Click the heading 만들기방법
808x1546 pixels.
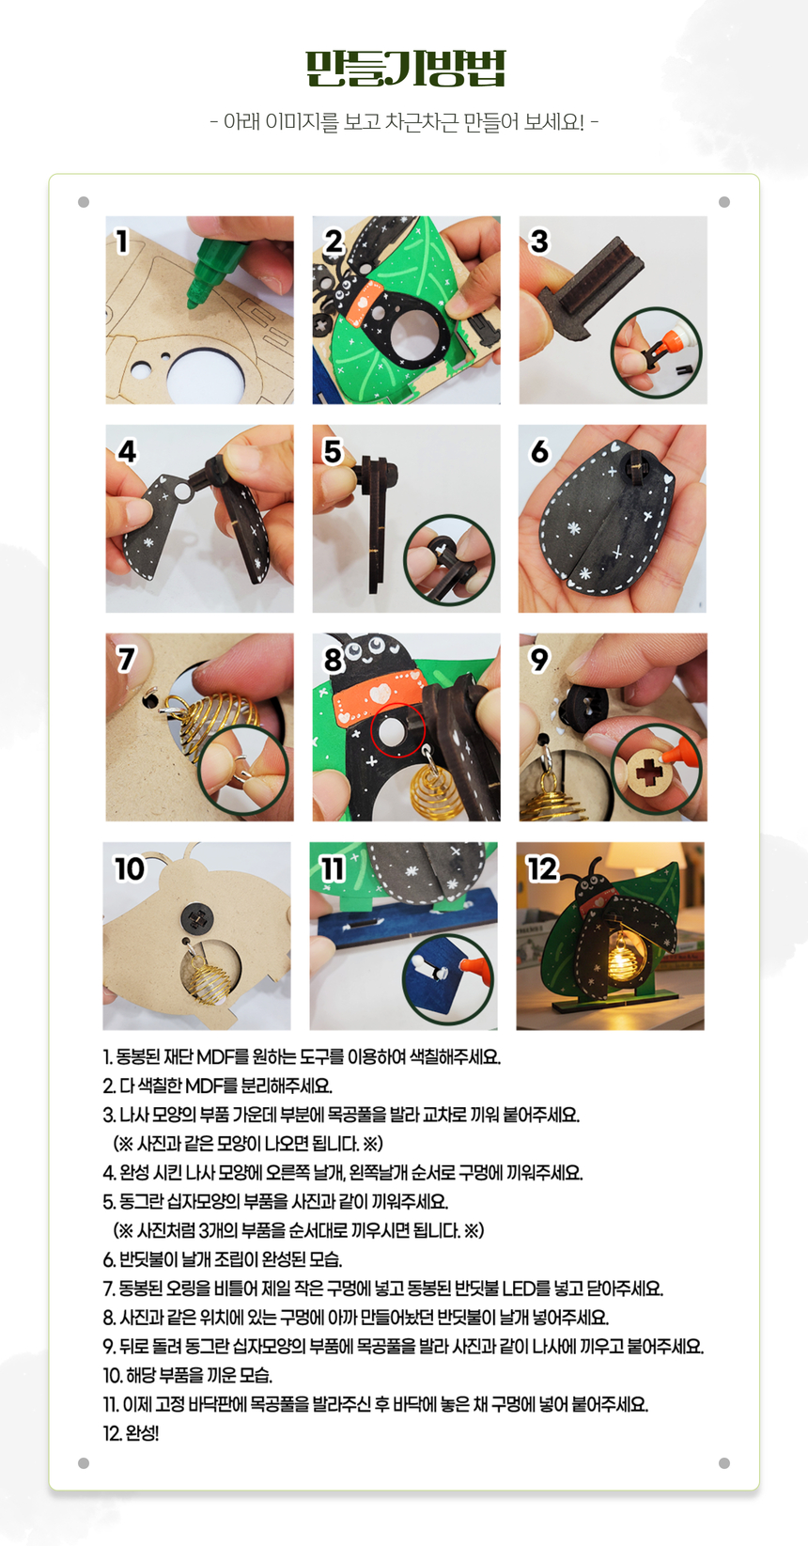click(406, 68)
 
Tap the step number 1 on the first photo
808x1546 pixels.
click(122, 242)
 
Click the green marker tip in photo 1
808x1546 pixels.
click(194, 300)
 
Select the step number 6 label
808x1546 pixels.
click(539, 452)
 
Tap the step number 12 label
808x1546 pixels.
click(542, 869)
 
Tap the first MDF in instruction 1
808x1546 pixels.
click(217, 1056)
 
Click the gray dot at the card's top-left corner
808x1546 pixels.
click(84, 202)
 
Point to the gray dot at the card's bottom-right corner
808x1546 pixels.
click(723, 1463)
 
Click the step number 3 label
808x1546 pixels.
click(539, 242)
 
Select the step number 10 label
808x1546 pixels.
click(130, 869)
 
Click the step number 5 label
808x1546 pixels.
click(333, 452)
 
